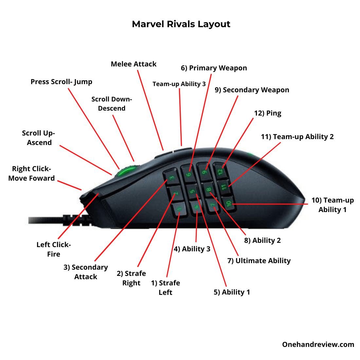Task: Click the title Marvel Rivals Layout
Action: [181, 24]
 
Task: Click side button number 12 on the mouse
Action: [220, 171]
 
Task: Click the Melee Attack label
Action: [134, 64]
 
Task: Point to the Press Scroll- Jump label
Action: [61, 82]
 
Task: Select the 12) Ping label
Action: [267, 113]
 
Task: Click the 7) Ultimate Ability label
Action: [259, 261]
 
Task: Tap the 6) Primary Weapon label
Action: [214, 68]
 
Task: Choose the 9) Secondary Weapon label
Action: [252, 90]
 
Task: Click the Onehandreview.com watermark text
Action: [318, 345]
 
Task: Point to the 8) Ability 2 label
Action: [262, 241]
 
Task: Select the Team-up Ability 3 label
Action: [179, 84]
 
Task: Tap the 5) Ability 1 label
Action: [232, 292]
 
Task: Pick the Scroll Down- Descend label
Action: [112, 104]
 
